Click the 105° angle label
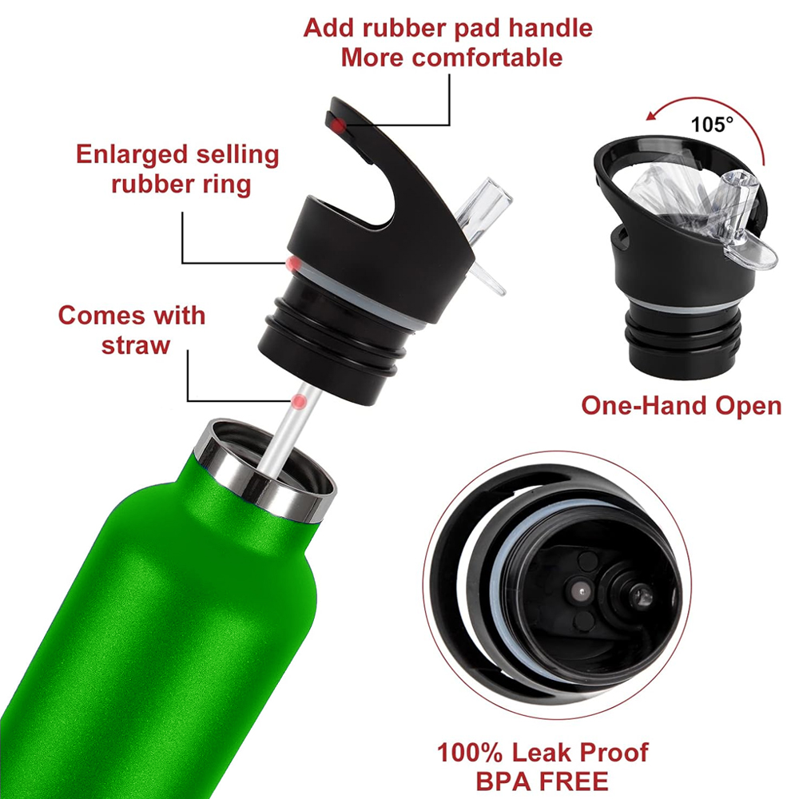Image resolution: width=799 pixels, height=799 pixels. tap(712, 125)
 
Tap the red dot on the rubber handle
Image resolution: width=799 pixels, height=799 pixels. tap(337, 125)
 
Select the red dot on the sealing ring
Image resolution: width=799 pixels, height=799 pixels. tap(293, 264)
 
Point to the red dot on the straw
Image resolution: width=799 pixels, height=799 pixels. tap(299, 402)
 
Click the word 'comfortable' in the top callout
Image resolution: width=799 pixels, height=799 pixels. tap(488, 58)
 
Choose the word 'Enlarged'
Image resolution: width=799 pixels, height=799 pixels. tap(133, 155)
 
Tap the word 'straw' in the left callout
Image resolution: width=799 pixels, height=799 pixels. tap(136, 345)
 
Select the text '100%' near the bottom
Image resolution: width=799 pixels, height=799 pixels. tap(470, 752)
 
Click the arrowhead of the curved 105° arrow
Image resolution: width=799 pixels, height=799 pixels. tap(652, 116)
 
